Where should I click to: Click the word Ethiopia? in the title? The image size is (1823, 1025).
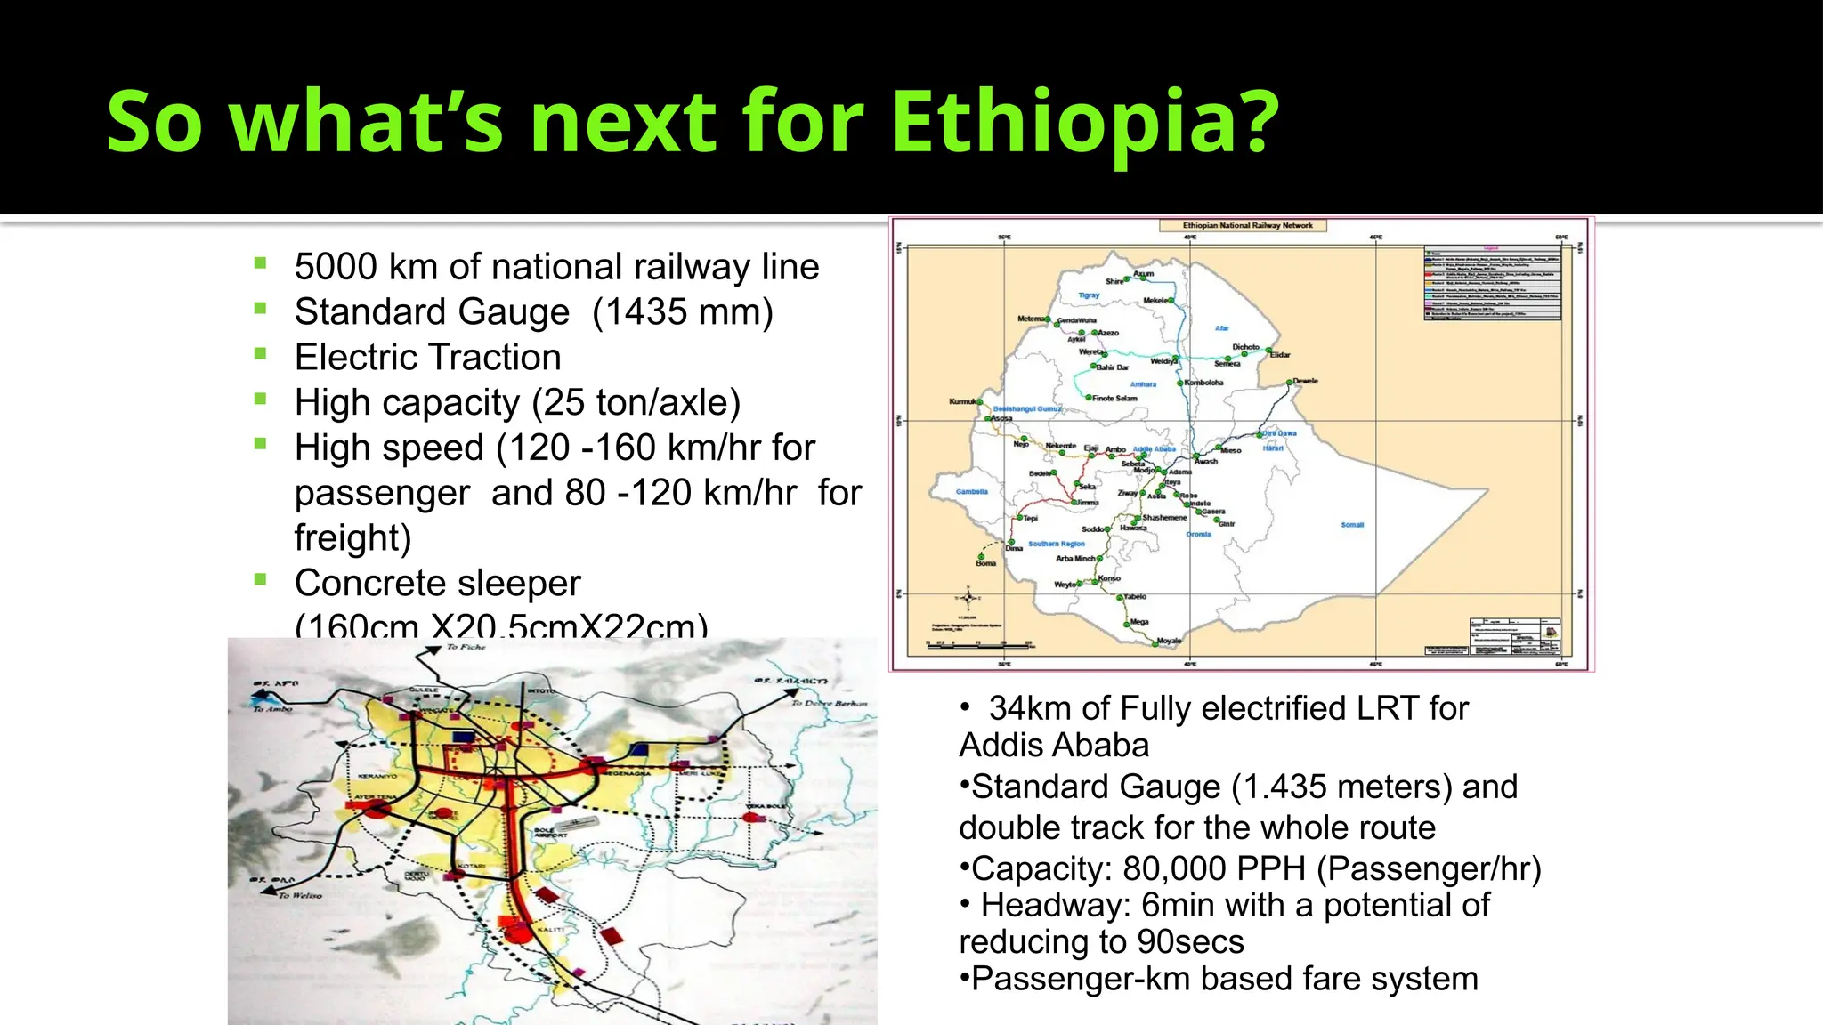click(x=1084, y=123)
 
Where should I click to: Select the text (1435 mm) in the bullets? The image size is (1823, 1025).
click(x=683, y=312)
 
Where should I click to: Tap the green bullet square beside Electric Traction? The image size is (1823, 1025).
click(x=260, y=353)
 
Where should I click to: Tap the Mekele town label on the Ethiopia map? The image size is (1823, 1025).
click(x=1155, y=301)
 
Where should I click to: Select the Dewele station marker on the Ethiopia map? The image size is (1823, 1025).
click(x=1289, y=383)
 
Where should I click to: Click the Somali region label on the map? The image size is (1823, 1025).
click(x=1351, y=525)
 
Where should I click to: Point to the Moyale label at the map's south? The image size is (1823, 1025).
click(x=1168, y=641)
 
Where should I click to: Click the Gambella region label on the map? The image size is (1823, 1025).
click(x=971, y=492)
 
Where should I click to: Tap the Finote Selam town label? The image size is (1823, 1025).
click(x=1114, y=399)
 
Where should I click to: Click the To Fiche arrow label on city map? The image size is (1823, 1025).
click(x=466, y=648)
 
